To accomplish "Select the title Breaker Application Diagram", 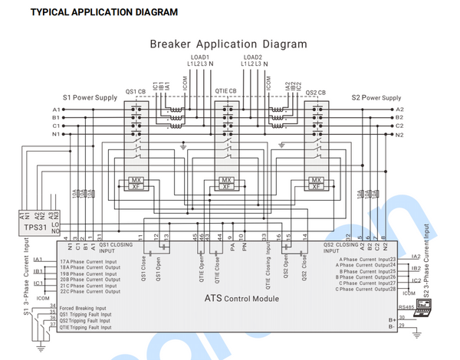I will (228, 44).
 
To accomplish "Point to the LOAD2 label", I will (254, 57).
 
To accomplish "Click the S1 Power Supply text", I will (90, 98).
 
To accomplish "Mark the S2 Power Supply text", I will (376, 98).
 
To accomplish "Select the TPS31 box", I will (31, 227).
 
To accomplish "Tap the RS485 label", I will (406, 306).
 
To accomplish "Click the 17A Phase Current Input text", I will (87, 262).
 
